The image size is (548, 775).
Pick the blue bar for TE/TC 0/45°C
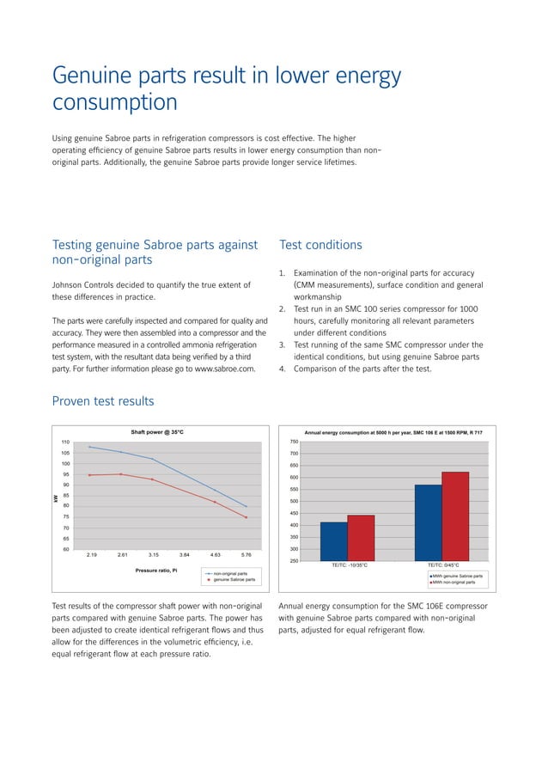(428, 522)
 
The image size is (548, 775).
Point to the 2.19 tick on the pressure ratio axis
(91, 556)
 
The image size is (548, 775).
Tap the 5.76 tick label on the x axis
(247, 556)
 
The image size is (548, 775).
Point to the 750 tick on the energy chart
(294, 442)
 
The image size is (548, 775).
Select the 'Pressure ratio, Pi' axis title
(157, 571)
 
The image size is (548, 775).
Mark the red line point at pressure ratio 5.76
(247, 517)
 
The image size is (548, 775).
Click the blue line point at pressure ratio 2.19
(89, 447)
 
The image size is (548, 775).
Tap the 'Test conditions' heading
(320, 245)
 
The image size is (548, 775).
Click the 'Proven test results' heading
(103, 401)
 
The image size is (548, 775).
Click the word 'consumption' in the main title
(115, 102)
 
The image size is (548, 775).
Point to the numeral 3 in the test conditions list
(283, 345)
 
